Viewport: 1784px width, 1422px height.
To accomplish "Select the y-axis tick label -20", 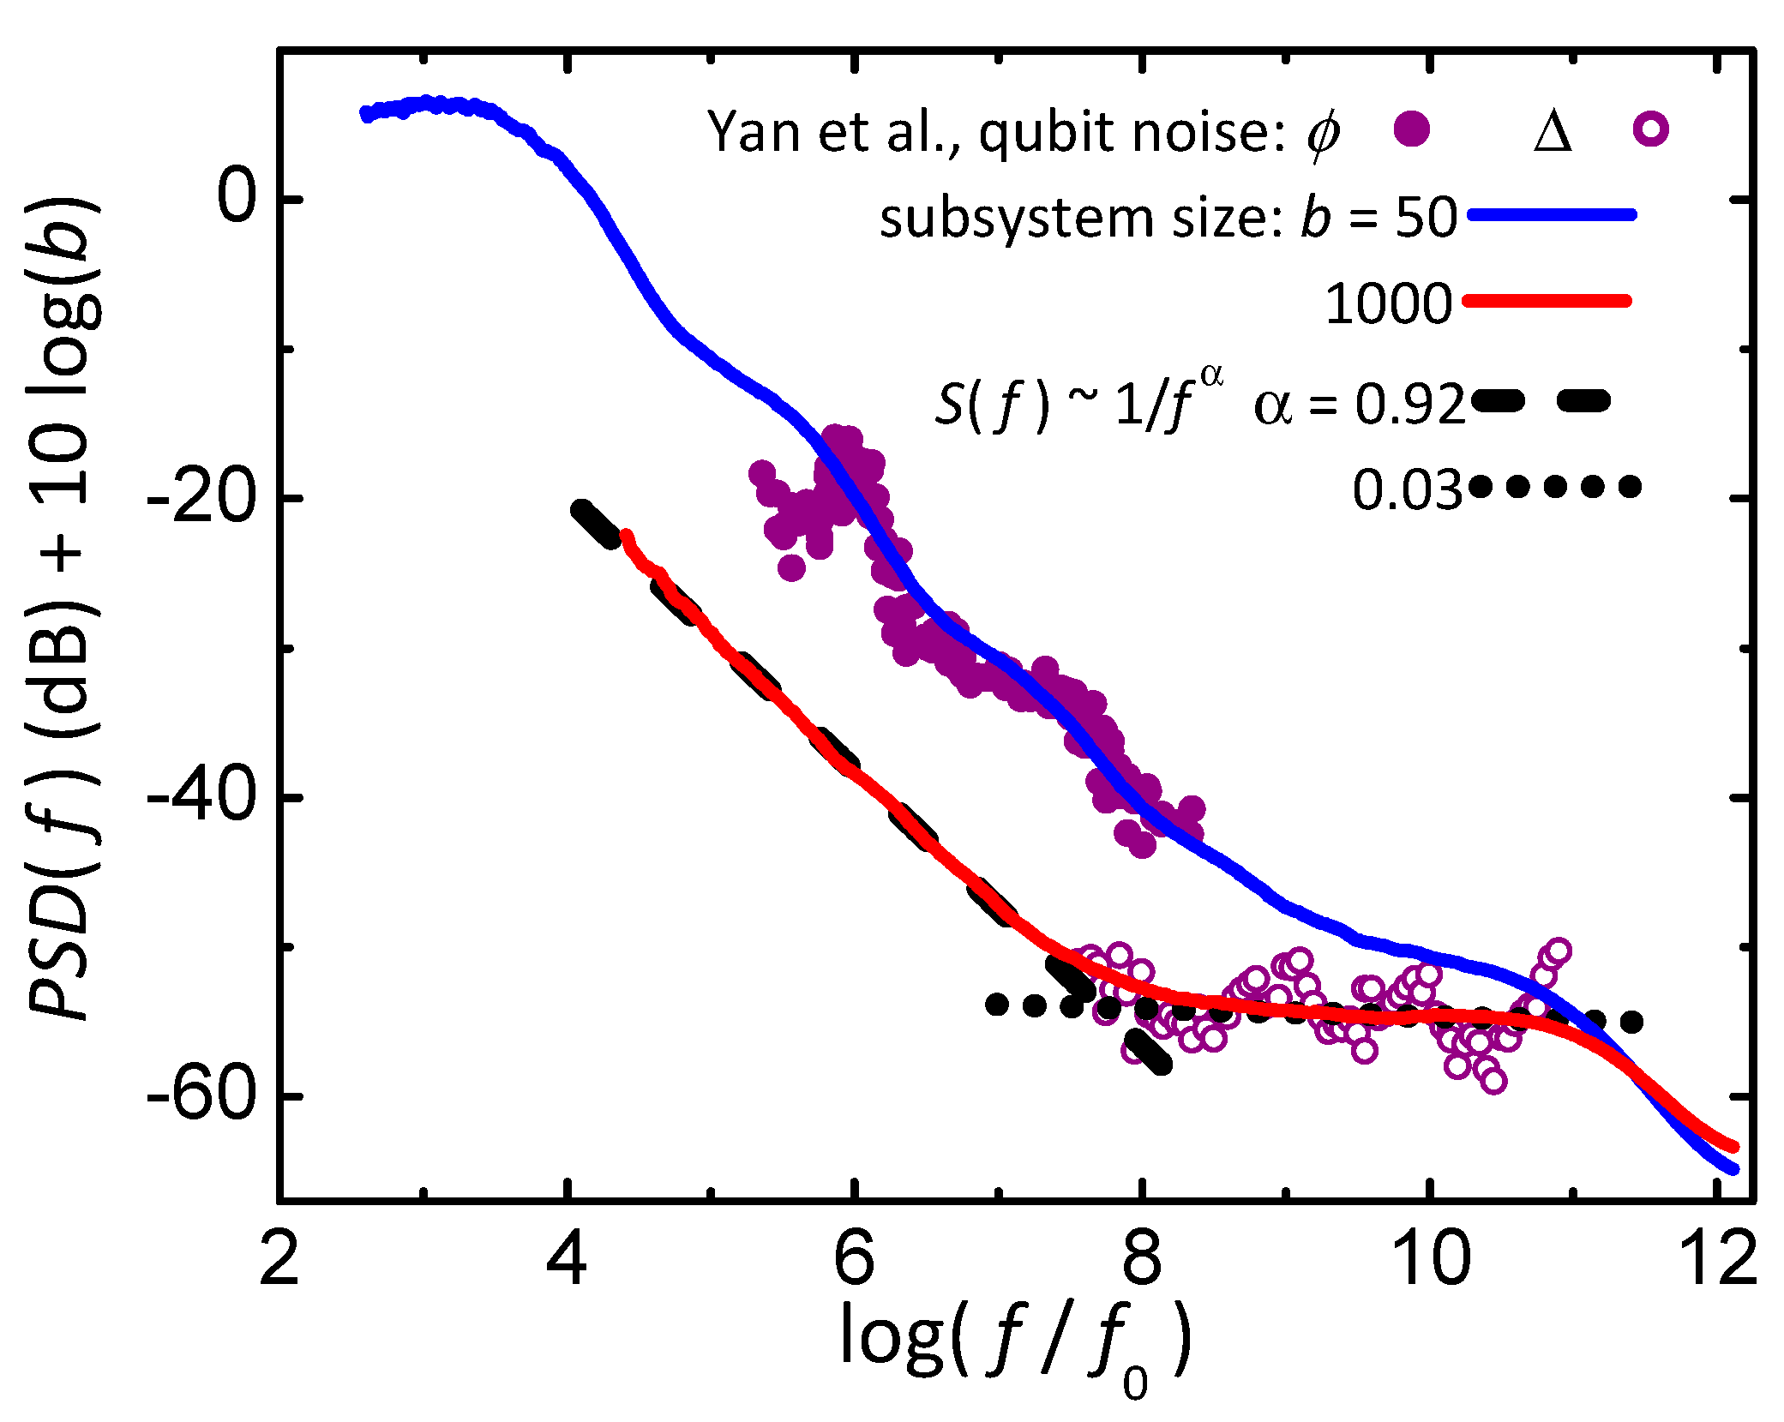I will (202, 497).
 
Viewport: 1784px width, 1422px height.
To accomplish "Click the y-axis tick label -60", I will (202, 1095).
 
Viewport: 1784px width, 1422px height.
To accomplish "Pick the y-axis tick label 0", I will (236, 198).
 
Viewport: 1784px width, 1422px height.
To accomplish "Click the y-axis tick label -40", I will (202, 796).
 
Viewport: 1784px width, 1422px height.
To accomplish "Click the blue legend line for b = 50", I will (1552, 215).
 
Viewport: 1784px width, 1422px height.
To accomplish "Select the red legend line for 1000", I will (1547, 301).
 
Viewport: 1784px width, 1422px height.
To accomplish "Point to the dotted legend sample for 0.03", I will (1554, 487).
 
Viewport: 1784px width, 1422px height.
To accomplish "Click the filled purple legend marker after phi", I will (1411, 130).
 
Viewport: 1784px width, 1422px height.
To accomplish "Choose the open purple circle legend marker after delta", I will (1650, 130).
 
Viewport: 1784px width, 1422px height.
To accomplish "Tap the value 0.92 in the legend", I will (1409, 404).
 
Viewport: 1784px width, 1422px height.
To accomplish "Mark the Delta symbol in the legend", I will (1553, 133).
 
